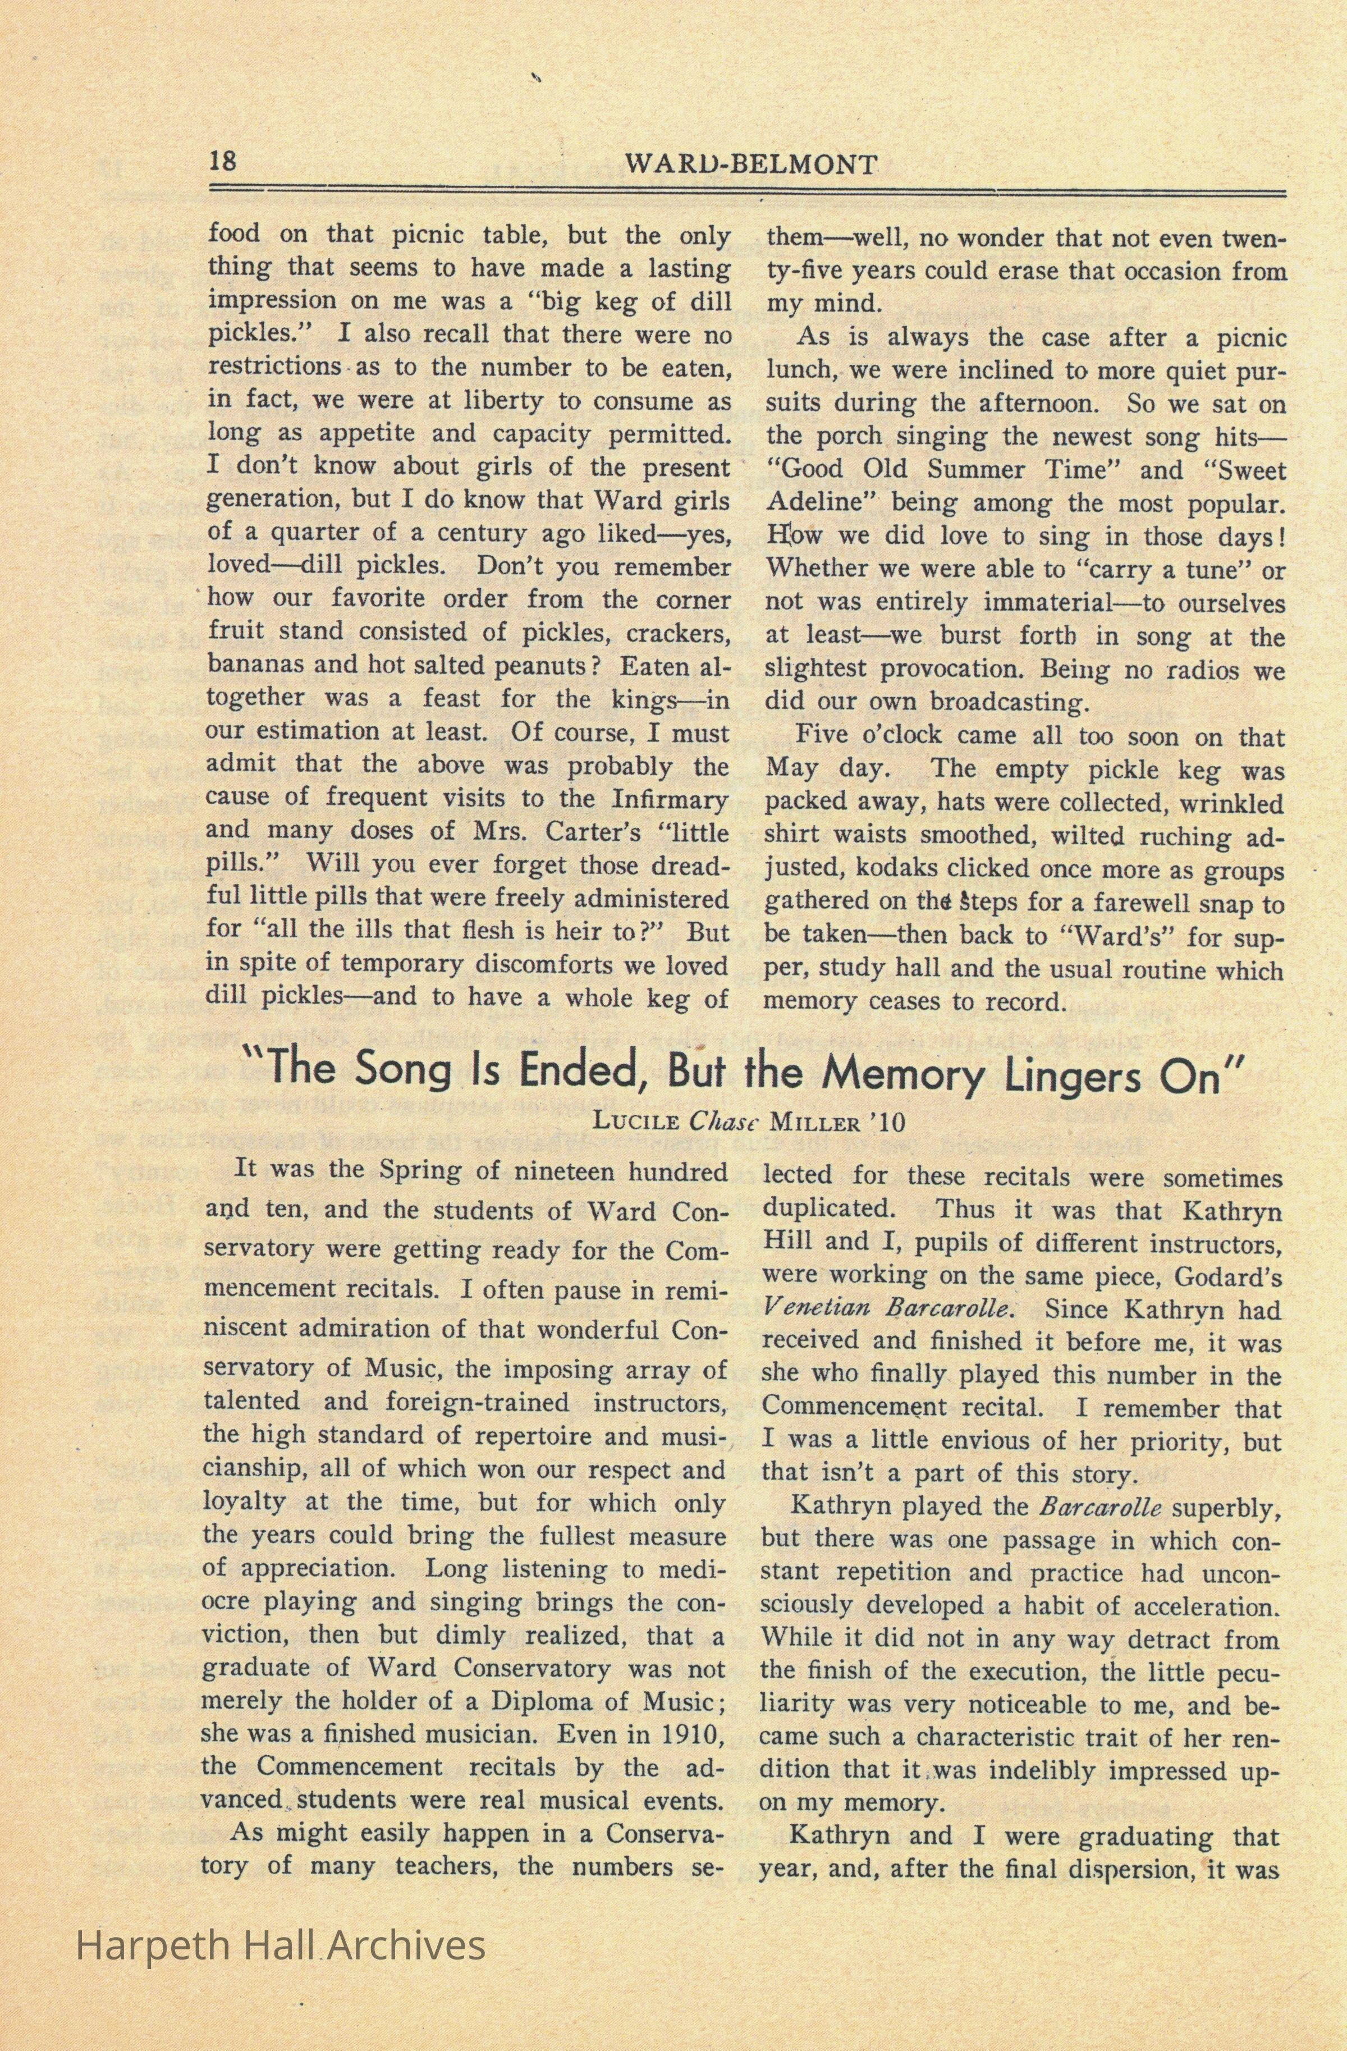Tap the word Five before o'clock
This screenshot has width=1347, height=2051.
(824, 737)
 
